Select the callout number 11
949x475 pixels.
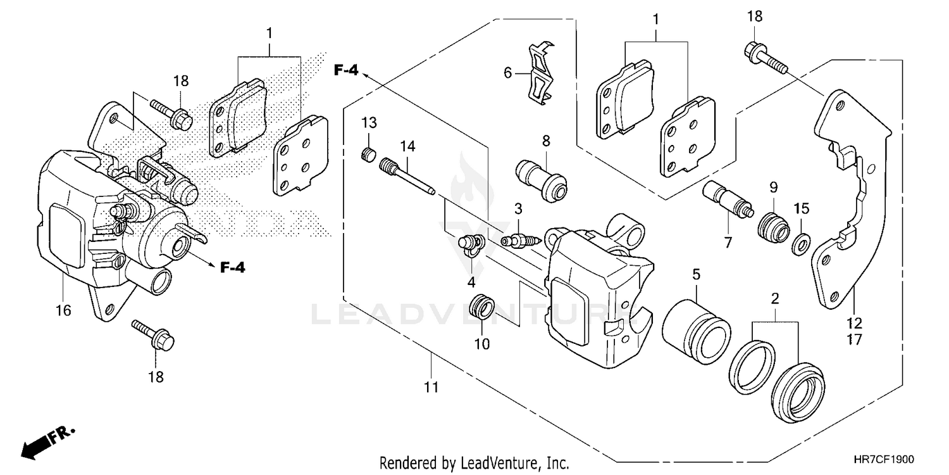[431, 387]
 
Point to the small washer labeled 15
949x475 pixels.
[801, 243]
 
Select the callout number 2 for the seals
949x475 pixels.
[774, 298]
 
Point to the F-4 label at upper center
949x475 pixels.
[346, 72]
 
